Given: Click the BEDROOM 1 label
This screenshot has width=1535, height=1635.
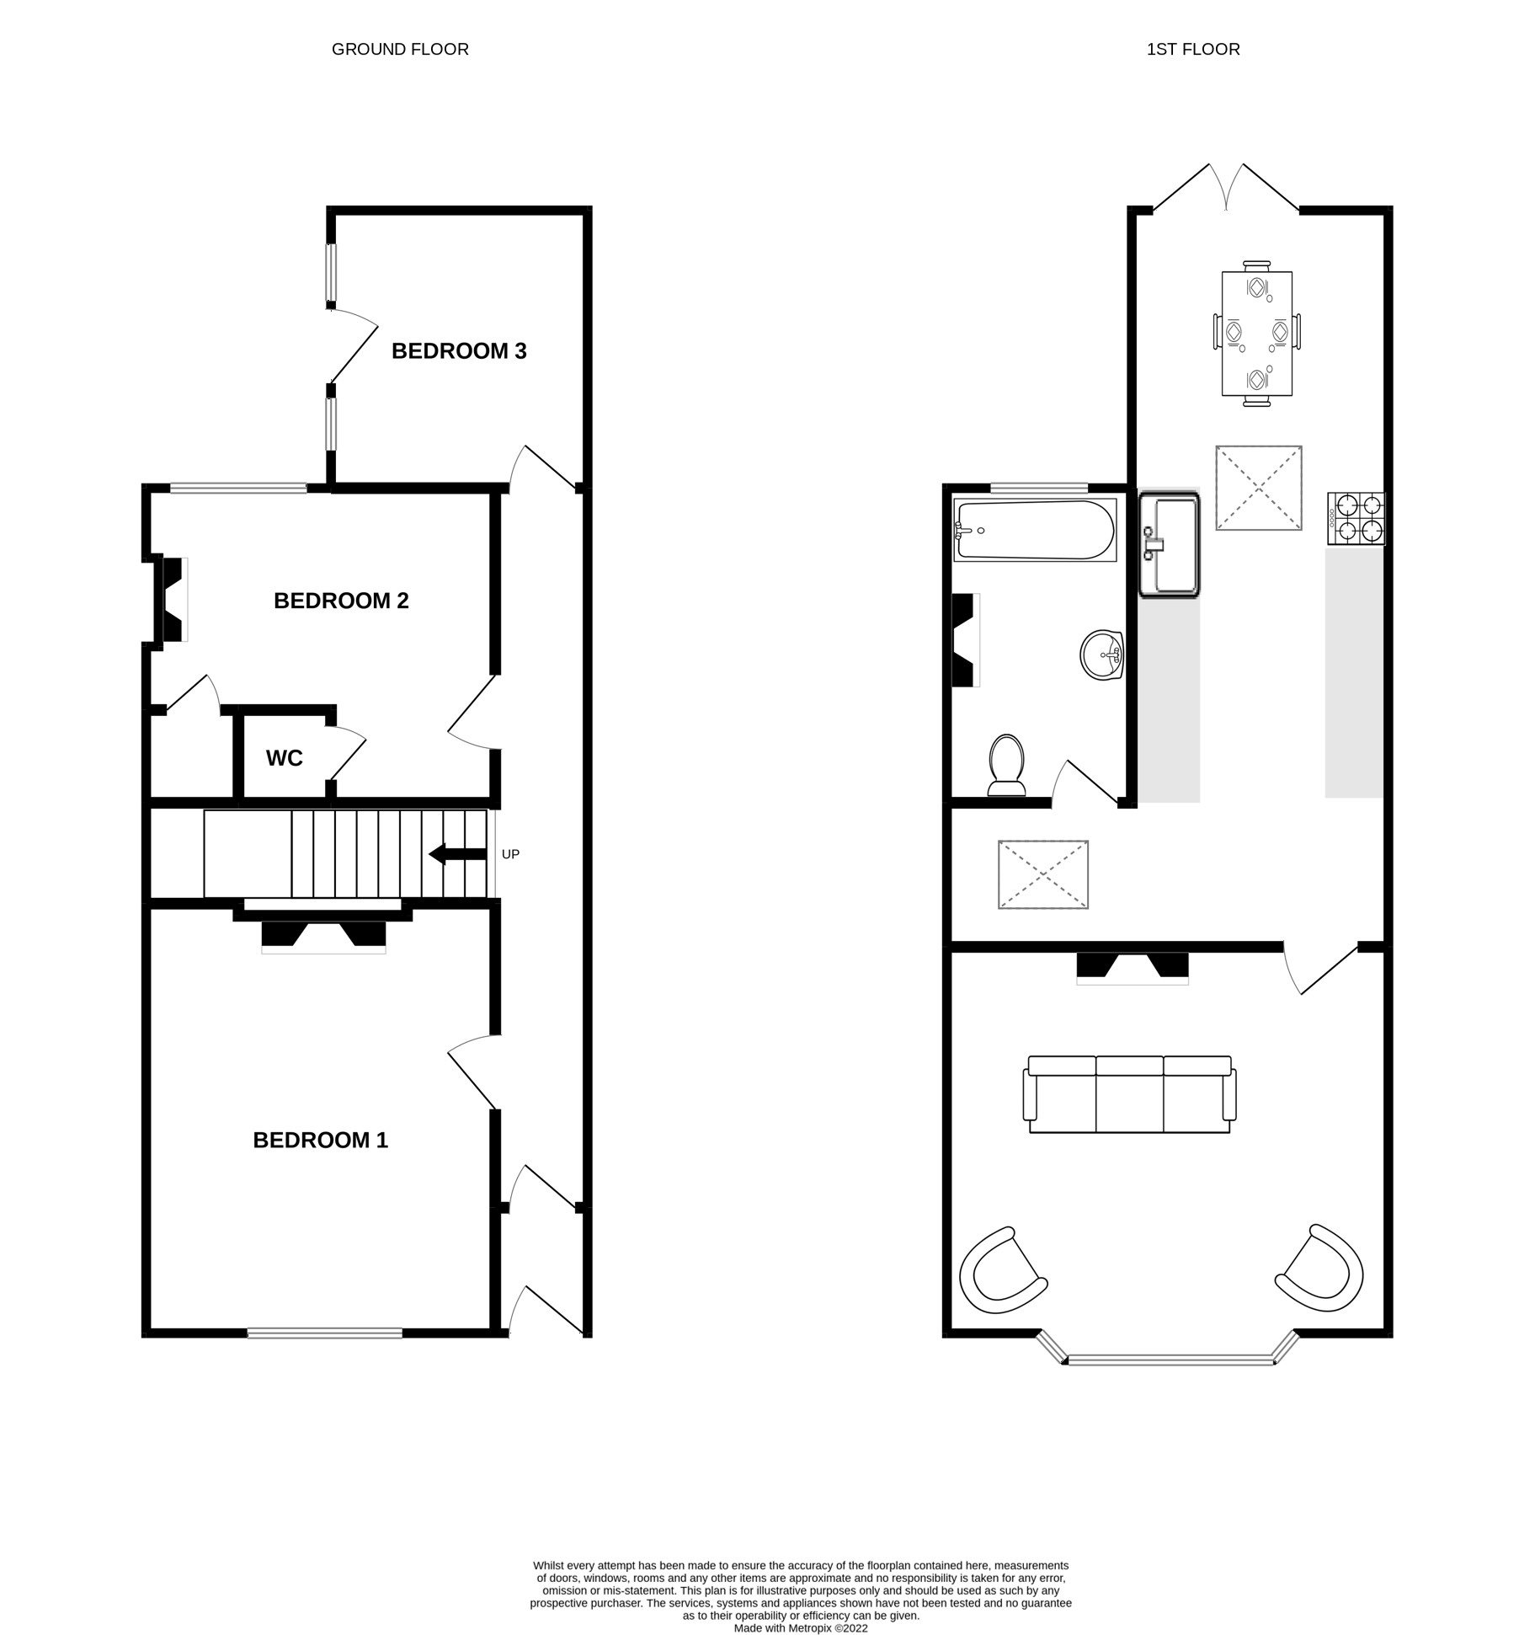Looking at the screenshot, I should click(x=320, y=1140).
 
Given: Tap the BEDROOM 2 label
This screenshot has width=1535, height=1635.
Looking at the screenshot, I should click(x=341, y=601).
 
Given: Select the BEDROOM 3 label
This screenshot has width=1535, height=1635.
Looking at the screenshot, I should click(x=459, y=350).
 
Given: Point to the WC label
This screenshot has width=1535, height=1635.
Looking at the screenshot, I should click(x=284, y=758).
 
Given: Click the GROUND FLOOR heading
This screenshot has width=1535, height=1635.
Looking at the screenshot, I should click(x=400, y=49).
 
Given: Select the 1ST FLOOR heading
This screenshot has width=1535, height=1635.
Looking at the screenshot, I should click(x=1193, y=49).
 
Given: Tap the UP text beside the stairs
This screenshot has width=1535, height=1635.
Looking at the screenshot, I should click(x=510, y=854).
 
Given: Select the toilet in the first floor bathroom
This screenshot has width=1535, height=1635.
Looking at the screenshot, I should click(x=1007, y=765).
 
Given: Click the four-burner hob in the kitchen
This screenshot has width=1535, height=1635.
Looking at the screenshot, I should click(x=1356, y=518).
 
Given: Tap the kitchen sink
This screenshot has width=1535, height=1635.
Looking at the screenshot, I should click(x=1170, y=546).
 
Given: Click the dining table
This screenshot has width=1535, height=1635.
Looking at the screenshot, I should click(x=1256, y=334).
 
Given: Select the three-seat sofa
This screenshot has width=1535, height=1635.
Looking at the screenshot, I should click(x=1129, y=1094).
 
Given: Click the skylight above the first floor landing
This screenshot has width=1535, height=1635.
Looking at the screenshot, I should click(x=1042, y=874).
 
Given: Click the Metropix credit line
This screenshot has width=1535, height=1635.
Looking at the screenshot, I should click(x=800, y=1628).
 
